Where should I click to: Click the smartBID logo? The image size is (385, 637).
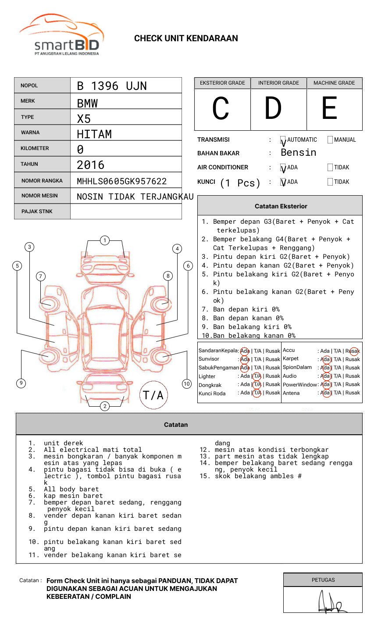coord(61,35)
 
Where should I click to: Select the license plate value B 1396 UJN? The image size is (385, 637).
coord(112,86)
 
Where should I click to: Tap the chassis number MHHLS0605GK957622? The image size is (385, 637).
coord(121,181)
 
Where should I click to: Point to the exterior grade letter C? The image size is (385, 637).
coord(221,109)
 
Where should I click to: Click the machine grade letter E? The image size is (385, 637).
coord(329,108)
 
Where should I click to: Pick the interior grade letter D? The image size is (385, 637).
coord(273,108)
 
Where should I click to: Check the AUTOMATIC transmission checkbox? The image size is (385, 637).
coord(283,140)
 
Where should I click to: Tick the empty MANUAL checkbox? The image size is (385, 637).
coord(330,140)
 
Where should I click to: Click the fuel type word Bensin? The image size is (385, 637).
coord(298,153)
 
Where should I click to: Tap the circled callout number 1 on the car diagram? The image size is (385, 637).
coord(105,240)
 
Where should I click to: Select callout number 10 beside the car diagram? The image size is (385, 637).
coord(187,384)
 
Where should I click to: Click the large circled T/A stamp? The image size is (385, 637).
coord(153,395)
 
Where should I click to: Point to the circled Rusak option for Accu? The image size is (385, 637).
coord(353,351)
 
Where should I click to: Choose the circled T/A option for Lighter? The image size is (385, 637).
coord(257,376)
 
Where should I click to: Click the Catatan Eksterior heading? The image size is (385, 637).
coord(281,206)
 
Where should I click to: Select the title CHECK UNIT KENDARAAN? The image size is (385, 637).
coord(186,39)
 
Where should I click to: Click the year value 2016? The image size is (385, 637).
coord(91,165)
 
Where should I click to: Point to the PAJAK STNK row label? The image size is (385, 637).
coord(37,211)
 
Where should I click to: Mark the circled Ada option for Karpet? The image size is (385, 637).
coord(325,359)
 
